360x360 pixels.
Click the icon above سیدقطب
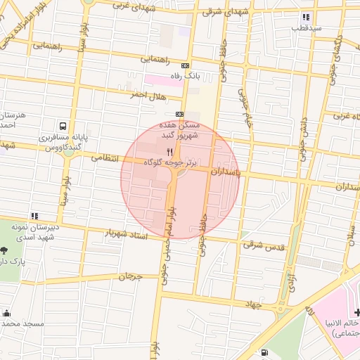point(305,17)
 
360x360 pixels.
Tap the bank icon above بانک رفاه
point(185,65)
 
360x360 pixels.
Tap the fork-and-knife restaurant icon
point(169,151)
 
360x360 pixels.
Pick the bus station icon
point(63,127)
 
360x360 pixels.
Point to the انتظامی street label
point(106,158)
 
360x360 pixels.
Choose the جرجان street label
point(130,276)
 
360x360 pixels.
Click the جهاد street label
point(253,304)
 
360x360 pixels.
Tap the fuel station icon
point(264,353)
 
